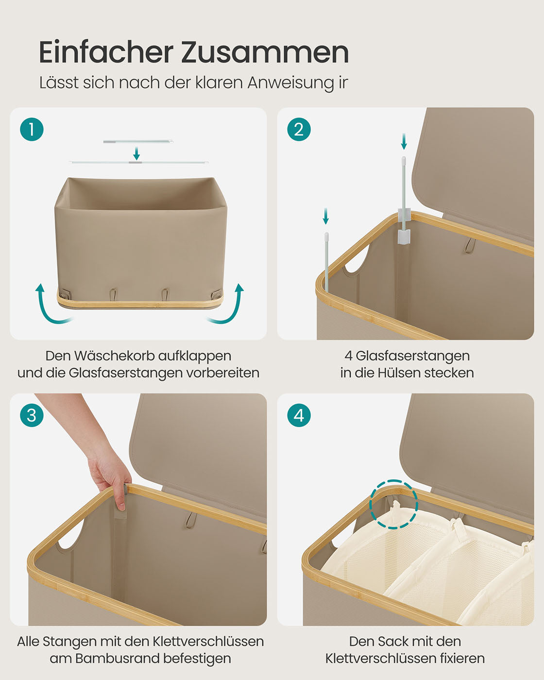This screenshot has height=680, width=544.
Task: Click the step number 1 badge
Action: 32,129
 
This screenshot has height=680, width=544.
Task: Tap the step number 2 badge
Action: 299,129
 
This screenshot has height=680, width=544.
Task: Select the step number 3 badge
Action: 32,415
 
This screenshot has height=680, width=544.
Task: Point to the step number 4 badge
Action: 299,415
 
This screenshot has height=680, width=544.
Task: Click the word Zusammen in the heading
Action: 265,52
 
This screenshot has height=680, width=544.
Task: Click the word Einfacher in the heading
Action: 106,52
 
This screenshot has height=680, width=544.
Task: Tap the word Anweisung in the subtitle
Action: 290,83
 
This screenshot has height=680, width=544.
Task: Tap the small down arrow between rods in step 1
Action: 136,153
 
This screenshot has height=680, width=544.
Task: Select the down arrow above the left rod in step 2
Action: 326,216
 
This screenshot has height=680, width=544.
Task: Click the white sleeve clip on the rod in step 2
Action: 404,225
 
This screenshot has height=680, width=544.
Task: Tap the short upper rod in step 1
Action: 138,141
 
